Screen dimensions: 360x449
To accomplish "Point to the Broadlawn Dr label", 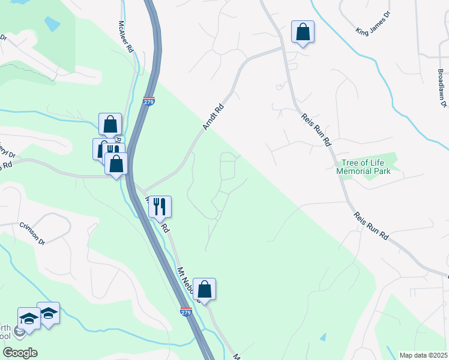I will pos(442,88).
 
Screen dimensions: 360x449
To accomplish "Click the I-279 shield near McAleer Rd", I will pos(149,101).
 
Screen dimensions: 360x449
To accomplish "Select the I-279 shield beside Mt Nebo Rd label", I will pos(186,311).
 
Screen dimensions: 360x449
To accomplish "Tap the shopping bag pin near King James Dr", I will pos(303,32).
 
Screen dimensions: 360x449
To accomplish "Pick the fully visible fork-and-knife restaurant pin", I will pos(159,206).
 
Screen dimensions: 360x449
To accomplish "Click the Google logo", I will pos(19,353).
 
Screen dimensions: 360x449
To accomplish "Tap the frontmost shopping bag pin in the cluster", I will pos(116,163).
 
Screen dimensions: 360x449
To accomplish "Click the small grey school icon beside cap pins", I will pos(19,331).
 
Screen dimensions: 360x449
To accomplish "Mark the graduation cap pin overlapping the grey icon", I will pos(29,318).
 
